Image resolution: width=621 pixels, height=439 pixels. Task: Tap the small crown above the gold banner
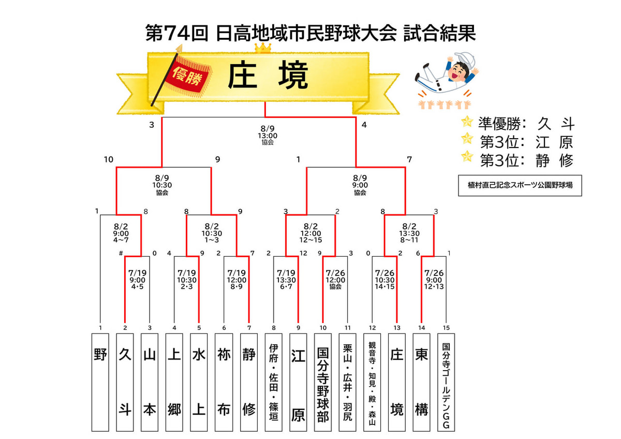(263, 48)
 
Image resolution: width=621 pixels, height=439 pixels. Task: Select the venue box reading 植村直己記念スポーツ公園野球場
(520, 185)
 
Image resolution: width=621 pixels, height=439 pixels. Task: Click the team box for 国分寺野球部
(323, 382)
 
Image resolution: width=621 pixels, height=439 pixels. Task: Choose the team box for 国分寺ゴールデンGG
(446, 382)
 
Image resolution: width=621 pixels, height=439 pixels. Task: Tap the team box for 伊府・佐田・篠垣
(273, 382)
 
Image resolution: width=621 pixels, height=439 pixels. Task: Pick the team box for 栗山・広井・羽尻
(347, 382)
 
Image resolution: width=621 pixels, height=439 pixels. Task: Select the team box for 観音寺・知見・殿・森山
(372, 382)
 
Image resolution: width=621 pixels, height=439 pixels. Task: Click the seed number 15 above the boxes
(446, 328)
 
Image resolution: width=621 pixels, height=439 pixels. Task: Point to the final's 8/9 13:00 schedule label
(268, 135)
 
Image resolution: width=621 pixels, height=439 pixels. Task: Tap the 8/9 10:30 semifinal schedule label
(162, 185)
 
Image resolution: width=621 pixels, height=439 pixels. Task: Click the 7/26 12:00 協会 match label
(335, 280)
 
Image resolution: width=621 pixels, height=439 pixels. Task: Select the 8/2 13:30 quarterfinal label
(409, 233)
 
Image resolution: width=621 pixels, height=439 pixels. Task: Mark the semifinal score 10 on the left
(109, 159)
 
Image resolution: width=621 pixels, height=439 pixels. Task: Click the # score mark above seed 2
(121, 253)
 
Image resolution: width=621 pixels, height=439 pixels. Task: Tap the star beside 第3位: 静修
(467, 156)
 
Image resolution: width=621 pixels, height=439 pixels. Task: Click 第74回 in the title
(177, 33)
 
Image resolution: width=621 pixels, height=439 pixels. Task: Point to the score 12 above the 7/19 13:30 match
(303, 253)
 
